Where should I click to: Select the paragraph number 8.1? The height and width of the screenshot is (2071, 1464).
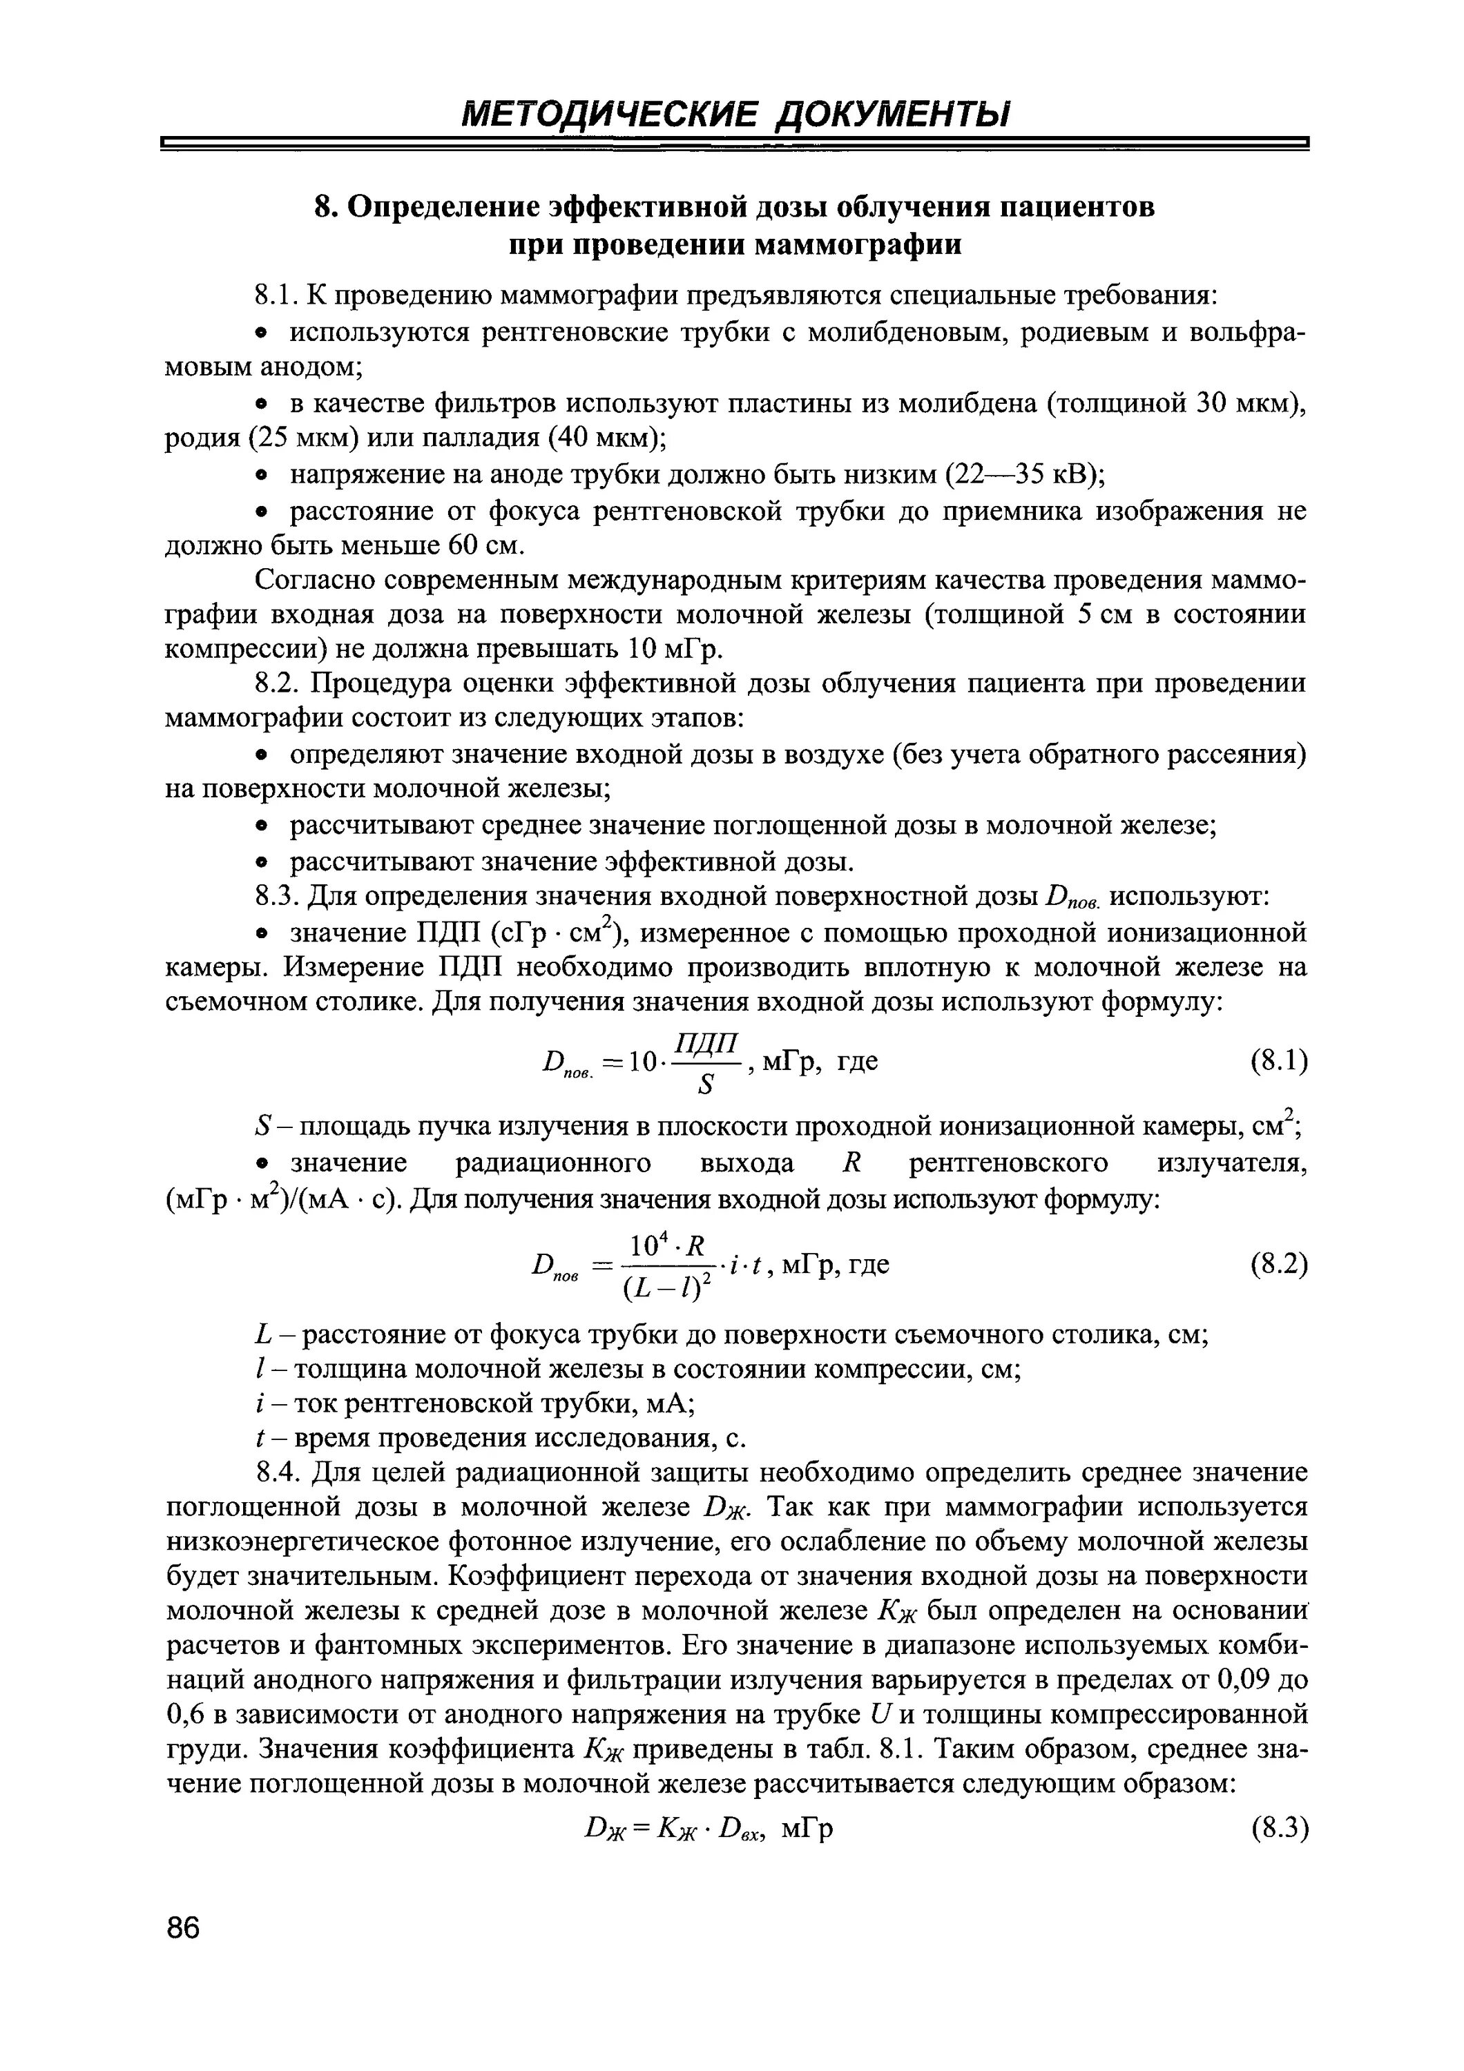point(277,296)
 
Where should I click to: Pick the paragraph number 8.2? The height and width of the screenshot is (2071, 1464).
point(277,683)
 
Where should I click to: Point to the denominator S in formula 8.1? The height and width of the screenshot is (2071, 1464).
point(706,1086)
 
